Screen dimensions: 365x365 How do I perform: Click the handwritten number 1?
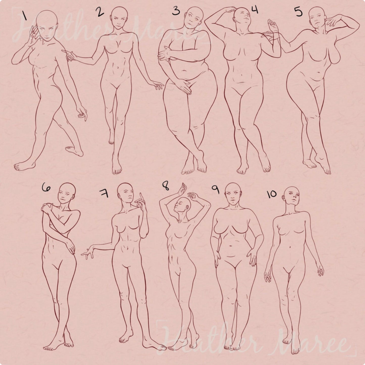(x=25, y=16)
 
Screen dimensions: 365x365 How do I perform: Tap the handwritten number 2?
(x=100, y=12)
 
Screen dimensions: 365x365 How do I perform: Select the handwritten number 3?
(x=176, y=11)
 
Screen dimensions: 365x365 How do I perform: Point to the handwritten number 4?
(x=254, y=10)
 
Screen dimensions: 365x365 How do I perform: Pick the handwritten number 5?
(x=299, y=12)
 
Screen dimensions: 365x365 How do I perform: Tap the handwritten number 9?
(x=216, y=191)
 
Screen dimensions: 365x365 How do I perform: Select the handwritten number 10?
(x=272, y=194)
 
